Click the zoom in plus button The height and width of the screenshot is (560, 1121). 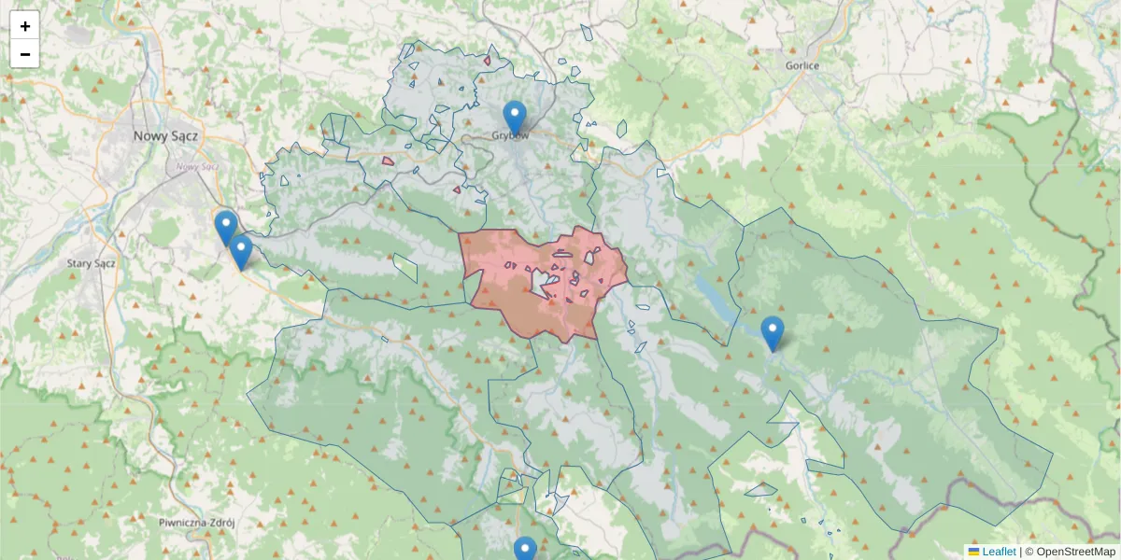click(25, 26)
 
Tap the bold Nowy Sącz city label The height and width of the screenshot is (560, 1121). click(165, 135)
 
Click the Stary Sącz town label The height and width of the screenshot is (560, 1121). click(91, 263)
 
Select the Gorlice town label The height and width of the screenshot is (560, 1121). click(802, 65)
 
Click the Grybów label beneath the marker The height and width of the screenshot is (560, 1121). click(512, 136)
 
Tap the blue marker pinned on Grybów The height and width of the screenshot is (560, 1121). click(514, 116)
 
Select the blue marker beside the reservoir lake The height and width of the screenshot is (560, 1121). click(772, 331)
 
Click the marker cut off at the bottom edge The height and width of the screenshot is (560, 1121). click(525, 550)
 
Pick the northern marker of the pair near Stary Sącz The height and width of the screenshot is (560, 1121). click(225, 226)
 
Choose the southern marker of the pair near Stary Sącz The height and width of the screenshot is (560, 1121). click(241, 250)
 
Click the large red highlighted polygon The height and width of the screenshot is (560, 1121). click(504, 299)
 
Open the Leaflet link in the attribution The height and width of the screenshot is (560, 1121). click(999, 552)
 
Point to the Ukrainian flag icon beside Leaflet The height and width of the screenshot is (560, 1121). click(973, 552)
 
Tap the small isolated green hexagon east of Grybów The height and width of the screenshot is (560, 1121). click(621, 128)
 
